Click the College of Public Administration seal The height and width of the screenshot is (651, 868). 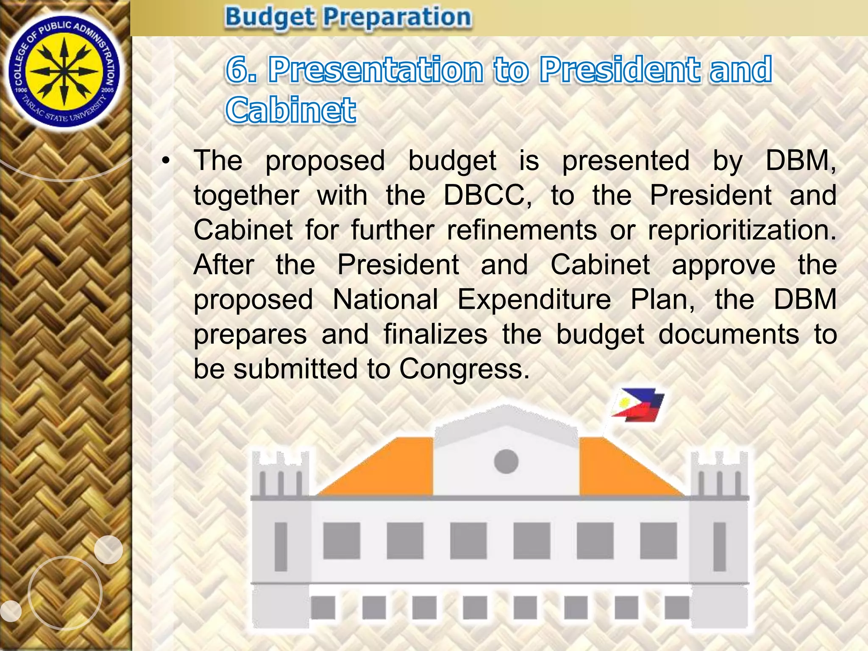[x=64, y=72]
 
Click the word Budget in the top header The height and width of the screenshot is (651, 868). [x=270, y=18]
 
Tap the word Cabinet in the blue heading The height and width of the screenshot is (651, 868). [x=290, y=110]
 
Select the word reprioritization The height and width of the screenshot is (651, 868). [x=742, y=230]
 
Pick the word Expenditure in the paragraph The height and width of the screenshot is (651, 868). [x=534, y=299]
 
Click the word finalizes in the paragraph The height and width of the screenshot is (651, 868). [x=435, y=334]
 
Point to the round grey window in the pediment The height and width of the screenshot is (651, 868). [x=506, y=461]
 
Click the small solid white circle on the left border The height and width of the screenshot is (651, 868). [x=108, y=549]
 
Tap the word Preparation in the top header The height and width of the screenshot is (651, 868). [x=397, y=18]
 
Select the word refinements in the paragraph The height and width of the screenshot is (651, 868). [x=522, y=230]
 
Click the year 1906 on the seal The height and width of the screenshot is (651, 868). [x=21, y=90]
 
